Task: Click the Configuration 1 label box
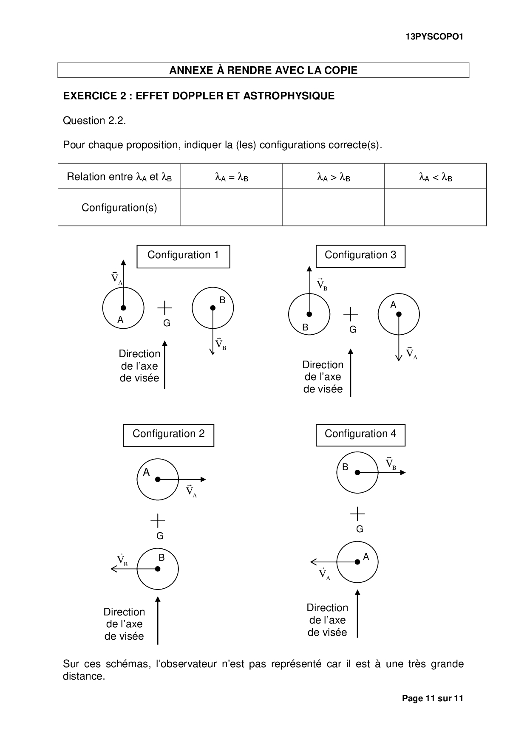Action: [183, 256]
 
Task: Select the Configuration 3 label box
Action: [360, 256]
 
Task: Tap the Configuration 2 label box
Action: [168, 435]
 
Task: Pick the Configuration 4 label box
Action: [360, 435]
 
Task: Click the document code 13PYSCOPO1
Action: [434, 37]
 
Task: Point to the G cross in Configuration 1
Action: [165, 308]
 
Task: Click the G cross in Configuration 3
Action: [351, 314]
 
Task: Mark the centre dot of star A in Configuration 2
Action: [158, 480]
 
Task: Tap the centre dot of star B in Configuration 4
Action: [357, 472]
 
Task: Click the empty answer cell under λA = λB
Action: [232, 207]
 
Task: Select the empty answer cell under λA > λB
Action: [334, 207]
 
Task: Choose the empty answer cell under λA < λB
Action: [435, 207]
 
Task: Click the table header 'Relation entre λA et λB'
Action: [119, 177]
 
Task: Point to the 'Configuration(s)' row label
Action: [119, 208]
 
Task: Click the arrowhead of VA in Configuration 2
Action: [204, 480]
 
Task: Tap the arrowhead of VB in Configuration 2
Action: [113, 569]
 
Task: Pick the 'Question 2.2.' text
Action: [94, 121]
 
